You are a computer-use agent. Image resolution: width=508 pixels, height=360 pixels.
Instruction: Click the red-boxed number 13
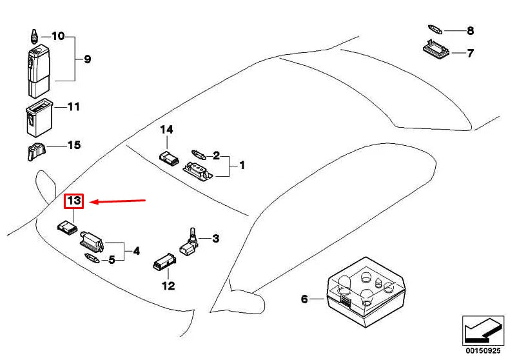point(74,201)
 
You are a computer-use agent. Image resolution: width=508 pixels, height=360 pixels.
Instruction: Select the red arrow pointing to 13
point(119,201)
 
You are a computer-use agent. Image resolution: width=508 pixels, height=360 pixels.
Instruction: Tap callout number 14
point(167,130)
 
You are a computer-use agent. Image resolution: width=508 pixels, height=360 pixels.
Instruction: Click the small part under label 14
point(168,157)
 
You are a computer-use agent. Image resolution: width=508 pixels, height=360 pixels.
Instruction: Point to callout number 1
point(242,166)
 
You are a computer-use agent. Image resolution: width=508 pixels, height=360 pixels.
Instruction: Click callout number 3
point(215,239)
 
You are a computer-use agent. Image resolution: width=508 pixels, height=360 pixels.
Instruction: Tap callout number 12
point(168,286)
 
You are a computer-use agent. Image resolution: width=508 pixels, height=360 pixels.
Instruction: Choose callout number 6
point(304,299)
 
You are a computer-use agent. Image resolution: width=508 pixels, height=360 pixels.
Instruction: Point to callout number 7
point(470,53)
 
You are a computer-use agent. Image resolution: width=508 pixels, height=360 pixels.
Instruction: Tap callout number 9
point(87,59)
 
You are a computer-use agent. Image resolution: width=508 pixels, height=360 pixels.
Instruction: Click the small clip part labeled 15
point(35,152)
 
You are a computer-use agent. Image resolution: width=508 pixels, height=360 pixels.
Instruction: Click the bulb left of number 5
point(92,259)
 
